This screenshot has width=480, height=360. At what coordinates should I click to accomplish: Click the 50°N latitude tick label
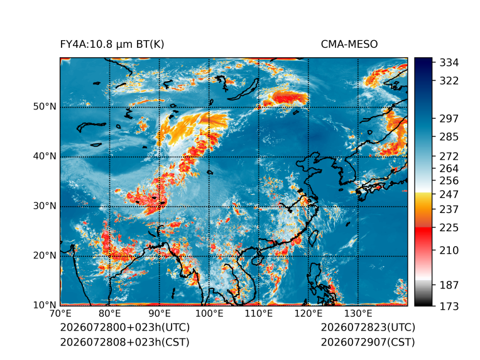point(45,107)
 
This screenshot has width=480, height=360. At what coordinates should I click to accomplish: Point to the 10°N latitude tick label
point(45,305)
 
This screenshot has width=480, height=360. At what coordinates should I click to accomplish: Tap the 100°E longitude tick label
point(209,314)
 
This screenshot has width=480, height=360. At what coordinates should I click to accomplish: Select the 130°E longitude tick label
point(358,314)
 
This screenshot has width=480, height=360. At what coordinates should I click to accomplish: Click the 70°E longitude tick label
point(60,314)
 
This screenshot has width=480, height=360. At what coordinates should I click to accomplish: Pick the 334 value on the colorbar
point(449,63)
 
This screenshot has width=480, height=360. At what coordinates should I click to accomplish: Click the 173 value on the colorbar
point(449,306)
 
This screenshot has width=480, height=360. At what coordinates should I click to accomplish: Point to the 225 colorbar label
point(449,228)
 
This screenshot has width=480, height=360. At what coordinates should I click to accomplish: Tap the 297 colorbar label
point(449,119)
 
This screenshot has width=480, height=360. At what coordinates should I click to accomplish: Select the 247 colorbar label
point(449,194)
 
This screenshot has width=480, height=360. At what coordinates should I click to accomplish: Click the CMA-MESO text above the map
point(349,45)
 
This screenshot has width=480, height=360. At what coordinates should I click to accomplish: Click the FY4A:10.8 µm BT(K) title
point(112,45)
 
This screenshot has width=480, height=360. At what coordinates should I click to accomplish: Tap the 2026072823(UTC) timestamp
point(368,327)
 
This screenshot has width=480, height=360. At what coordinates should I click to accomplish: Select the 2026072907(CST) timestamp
point(368,342)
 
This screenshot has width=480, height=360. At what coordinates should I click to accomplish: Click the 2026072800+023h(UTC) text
point(125,327)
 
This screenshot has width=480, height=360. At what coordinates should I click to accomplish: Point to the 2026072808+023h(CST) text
point(124,342)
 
